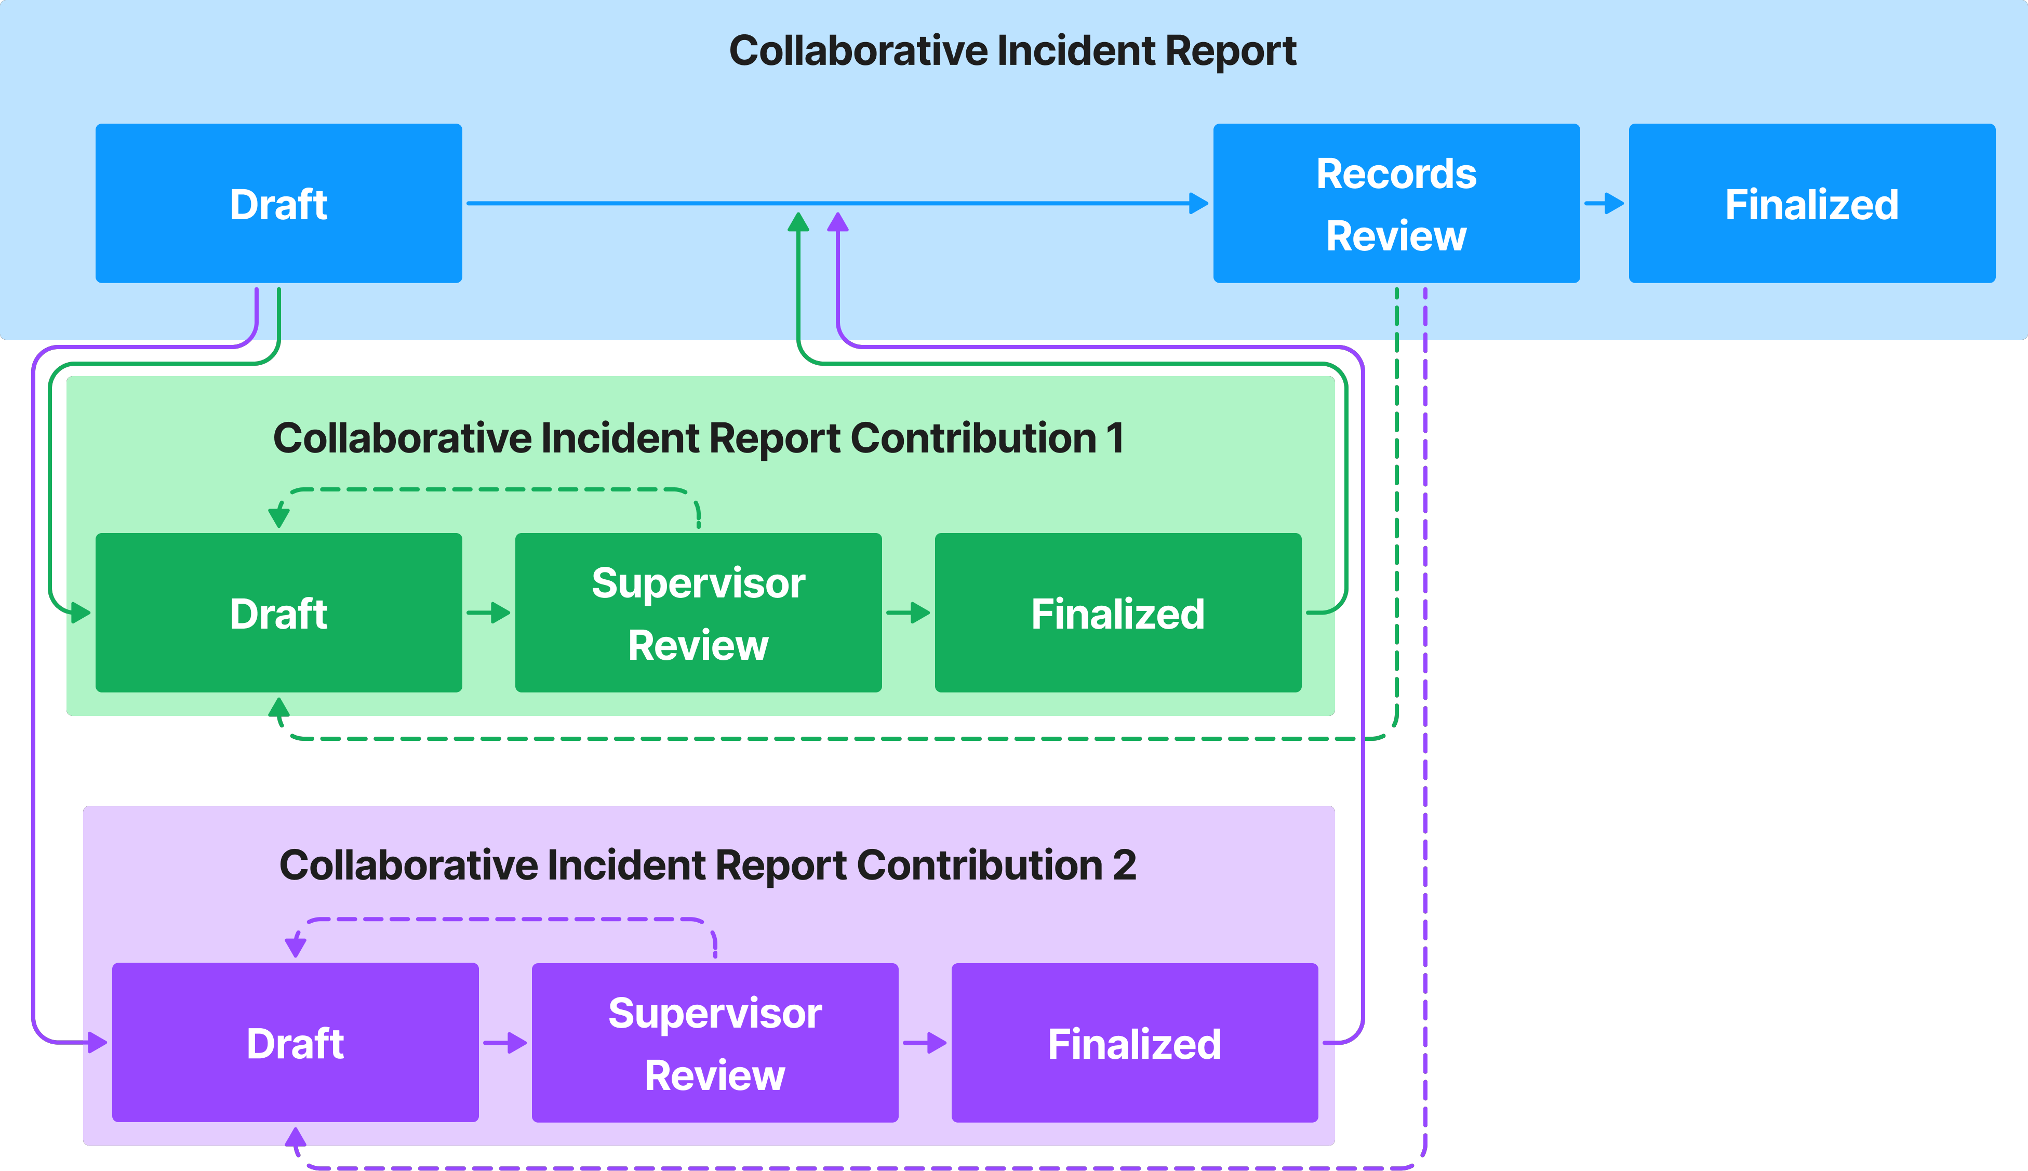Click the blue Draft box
(278, 204)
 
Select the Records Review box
(1396, 204)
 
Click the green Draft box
(278, 613)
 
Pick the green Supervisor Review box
(698, 613)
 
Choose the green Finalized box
(1118, 613)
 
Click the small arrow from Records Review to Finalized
(1604, 204)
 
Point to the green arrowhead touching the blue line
(798, 222)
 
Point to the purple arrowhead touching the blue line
(838, 222)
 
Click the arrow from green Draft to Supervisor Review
(489, 613)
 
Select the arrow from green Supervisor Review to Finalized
(909, 613)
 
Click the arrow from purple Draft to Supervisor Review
(505, 1043)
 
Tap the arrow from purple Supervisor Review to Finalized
(925, 1043)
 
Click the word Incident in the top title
(1077, 51)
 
